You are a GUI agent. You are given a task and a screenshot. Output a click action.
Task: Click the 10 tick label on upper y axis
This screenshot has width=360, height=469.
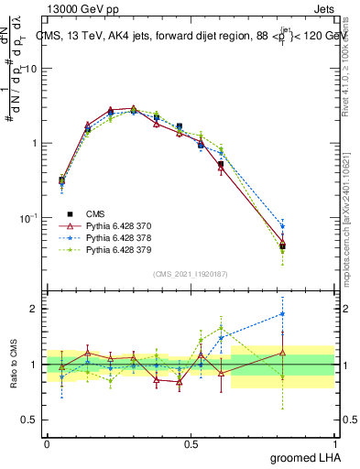click(31, 69)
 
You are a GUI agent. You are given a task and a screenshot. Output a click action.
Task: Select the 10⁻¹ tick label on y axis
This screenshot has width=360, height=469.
click(28, 218)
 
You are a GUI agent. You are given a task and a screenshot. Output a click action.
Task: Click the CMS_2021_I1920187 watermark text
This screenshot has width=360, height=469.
click(191, 274)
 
